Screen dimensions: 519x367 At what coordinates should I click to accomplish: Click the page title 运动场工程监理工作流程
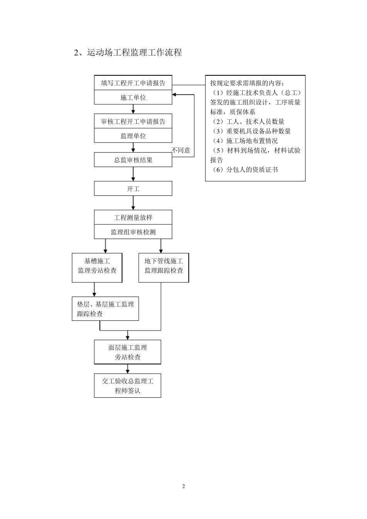point(128,53)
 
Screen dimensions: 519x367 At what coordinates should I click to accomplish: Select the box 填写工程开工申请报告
point(133,83)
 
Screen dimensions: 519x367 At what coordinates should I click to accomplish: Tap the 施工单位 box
point(133,98)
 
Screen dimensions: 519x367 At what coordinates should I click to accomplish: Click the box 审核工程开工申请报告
point(133,122)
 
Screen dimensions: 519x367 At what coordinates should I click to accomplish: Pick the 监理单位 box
point(133,136)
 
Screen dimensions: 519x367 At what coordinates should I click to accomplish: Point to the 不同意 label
point(181,150)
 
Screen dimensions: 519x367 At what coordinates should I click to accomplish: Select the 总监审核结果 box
point(133,160)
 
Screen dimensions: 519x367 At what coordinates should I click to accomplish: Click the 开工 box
point(133,189)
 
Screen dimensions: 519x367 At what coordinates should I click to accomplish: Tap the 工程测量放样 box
point(133,218)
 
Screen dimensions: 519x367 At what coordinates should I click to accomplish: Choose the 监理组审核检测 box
point(133,232)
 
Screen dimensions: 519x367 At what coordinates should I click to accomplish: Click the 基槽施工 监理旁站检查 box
point(97,266)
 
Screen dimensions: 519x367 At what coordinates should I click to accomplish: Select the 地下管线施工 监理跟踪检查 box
point(164,266)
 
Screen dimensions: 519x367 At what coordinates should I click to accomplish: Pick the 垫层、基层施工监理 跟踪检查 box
point(105,309)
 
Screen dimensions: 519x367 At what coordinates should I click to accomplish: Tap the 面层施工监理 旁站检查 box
point(127,352)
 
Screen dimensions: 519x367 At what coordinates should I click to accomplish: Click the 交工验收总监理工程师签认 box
point(127,386)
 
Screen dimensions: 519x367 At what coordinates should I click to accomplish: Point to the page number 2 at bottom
point(183,486)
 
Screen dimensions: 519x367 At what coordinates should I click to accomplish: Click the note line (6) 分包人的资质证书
point(245,170)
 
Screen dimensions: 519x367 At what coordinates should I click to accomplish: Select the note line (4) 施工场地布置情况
point(245,141)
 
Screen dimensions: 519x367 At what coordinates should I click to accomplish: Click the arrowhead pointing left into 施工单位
point(175,94)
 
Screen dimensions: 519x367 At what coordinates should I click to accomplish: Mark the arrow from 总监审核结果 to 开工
point(133,174)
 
